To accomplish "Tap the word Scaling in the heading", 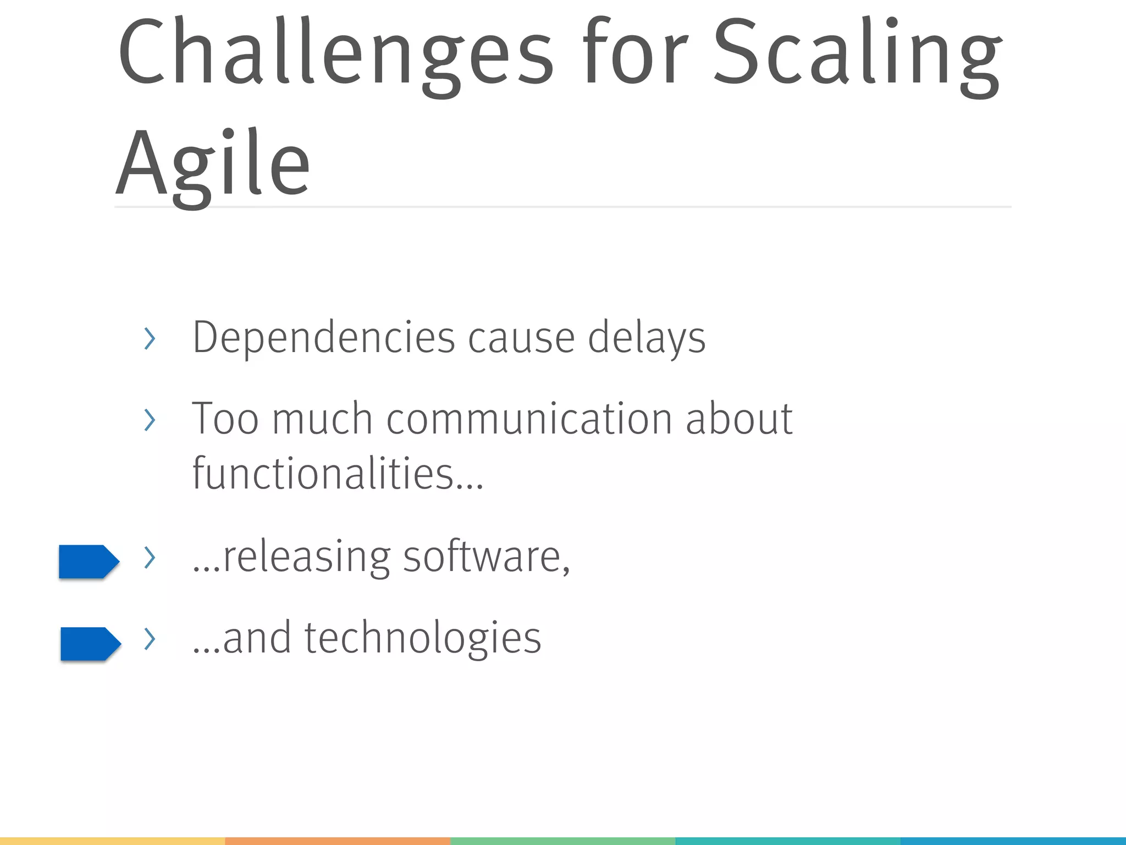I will pos(858,55).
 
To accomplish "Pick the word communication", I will pos(529,419).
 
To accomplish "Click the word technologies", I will pos(422,638).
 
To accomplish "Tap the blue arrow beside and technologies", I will pos(90,643).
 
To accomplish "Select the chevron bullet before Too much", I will pos(149,420).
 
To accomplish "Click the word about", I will pos(738,419).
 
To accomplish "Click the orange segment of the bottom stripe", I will pos(338,841).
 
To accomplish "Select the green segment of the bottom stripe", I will pos(562,841).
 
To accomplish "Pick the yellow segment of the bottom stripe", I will pos(112,841).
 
